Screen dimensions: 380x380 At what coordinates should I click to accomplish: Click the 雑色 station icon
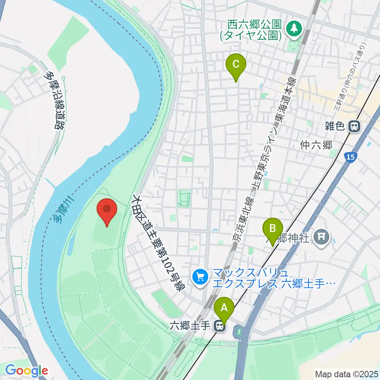tap(354, 127)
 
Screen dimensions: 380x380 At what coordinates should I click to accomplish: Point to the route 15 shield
tap(349, 158)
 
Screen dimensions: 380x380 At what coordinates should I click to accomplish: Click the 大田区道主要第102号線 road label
tap(158, 242)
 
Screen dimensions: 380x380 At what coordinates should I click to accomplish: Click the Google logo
tap(27, 371)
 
